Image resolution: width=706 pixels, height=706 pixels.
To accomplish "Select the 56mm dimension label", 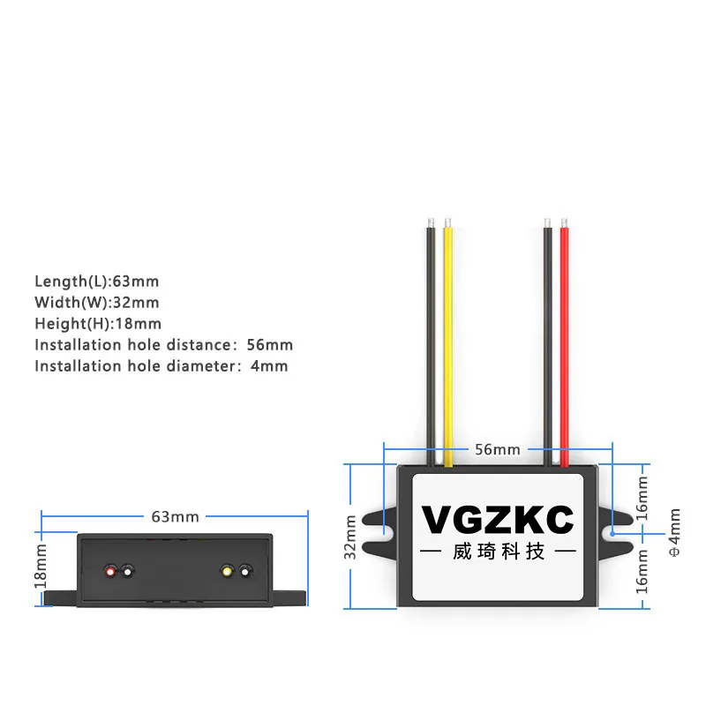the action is click(x=498, y=449).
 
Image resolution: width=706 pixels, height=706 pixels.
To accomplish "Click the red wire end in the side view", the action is click(x=111, y=571).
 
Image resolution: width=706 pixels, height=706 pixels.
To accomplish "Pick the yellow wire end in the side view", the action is click(x=228, y=571).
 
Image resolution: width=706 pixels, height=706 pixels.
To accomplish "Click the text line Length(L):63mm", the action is click(x=97, y=282).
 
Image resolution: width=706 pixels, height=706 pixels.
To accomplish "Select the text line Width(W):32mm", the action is click(x=97, y=303).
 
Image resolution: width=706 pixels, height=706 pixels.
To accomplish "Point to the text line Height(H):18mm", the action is click(x=98, y=324).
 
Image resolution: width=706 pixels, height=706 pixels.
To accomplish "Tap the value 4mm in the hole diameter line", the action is click(x=269, y=366).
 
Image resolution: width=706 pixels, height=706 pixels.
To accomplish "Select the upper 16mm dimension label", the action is click(x=642, y=496).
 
